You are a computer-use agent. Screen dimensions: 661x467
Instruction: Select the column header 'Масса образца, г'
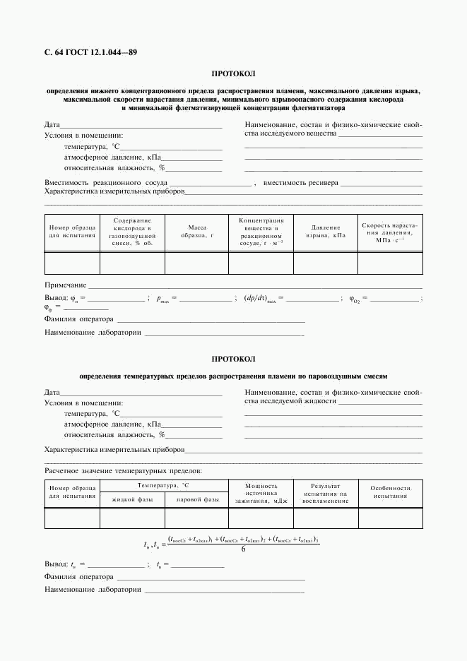tap(196, 232)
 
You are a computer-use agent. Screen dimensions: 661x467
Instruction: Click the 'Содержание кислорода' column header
tap(132, 232)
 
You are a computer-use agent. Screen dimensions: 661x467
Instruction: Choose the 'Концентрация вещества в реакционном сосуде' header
tap(261, 232)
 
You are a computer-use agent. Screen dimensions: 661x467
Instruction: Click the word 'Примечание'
tap(65, 285)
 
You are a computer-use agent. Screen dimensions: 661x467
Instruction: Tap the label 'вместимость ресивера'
tap(300, 182)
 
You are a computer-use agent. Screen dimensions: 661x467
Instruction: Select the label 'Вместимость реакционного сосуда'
tap(106, 182)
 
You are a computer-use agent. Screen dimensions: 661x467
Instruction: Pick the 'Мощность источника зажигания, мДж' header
tap(261, 493)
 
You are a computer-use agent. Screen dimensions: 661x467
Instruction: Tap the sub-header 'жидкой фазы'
tap(132, 500)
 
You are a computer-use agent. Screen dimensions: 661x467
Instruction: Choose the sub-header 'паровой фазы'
tap(196, 500)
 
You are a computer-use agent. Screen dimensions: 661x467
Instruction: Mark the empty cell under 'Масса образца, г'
tap(196, 263)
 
